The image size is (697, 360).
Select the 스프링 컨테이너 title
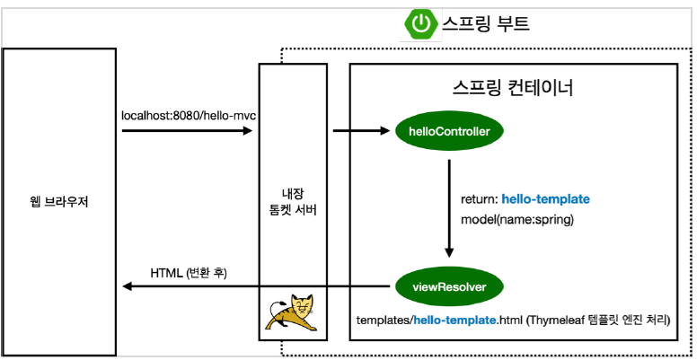(x=513, y=89)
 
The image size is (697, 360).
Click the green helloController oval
(x=448, y=131)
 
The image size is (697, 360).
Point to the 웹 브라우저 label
(x=59, y=201)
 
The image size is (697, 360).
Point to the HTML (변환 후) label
(x=189, y=270)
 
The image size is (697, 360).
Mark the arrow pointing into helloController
(x=363, y=131)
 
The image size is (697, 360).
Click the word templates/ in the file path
(x=384, y=320)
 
